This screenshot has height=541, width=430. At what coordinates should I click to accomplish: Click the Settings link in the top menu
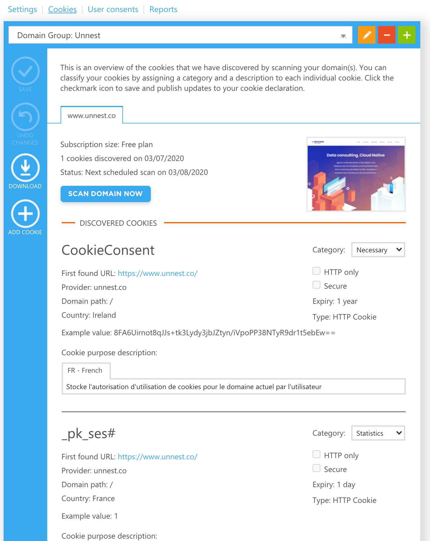22,9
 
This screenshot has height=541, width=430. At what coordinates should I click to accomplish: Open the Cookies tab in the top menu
62,9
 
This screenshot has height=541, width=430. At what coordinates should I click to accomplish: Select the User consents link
113,9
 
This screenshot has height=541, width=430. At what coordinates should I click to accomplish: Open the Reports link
163,9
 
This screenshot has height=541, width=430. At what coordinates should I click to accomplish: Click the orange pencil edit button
366,35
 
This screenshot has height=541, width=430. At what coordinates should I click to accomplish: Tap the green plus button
407,35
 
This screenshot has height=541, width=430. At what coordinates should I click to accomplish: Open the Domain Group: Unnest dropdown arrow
343,36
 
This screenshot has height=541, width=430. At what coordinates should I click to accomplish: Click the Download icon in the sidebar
25,168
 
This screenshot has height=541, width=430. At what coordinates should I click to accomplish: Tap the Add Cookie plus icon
25,214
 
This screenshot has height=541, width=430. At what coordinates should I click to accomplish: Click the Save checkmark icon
25,71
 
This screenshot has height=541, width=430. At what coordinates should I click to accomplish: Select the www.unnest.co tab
91,116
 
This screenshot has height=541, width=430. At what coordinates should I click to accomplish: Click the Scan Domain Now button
105,194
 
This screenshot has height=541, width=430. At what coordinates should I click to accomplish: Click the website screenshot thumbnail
356,174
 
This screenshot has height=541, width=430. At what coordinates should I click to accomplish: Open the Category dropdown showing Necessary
378,250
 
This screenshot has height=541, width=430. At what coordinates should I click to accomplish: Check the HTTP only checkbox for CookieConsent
316,271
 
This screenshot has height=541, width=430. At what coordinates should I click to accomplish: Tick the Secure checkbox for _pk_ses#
316,468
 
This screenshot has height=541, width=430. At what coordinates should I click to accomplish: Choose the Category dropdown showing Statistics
378,433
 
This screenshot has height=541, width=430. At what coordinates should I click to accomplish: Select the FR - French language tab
85,371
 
